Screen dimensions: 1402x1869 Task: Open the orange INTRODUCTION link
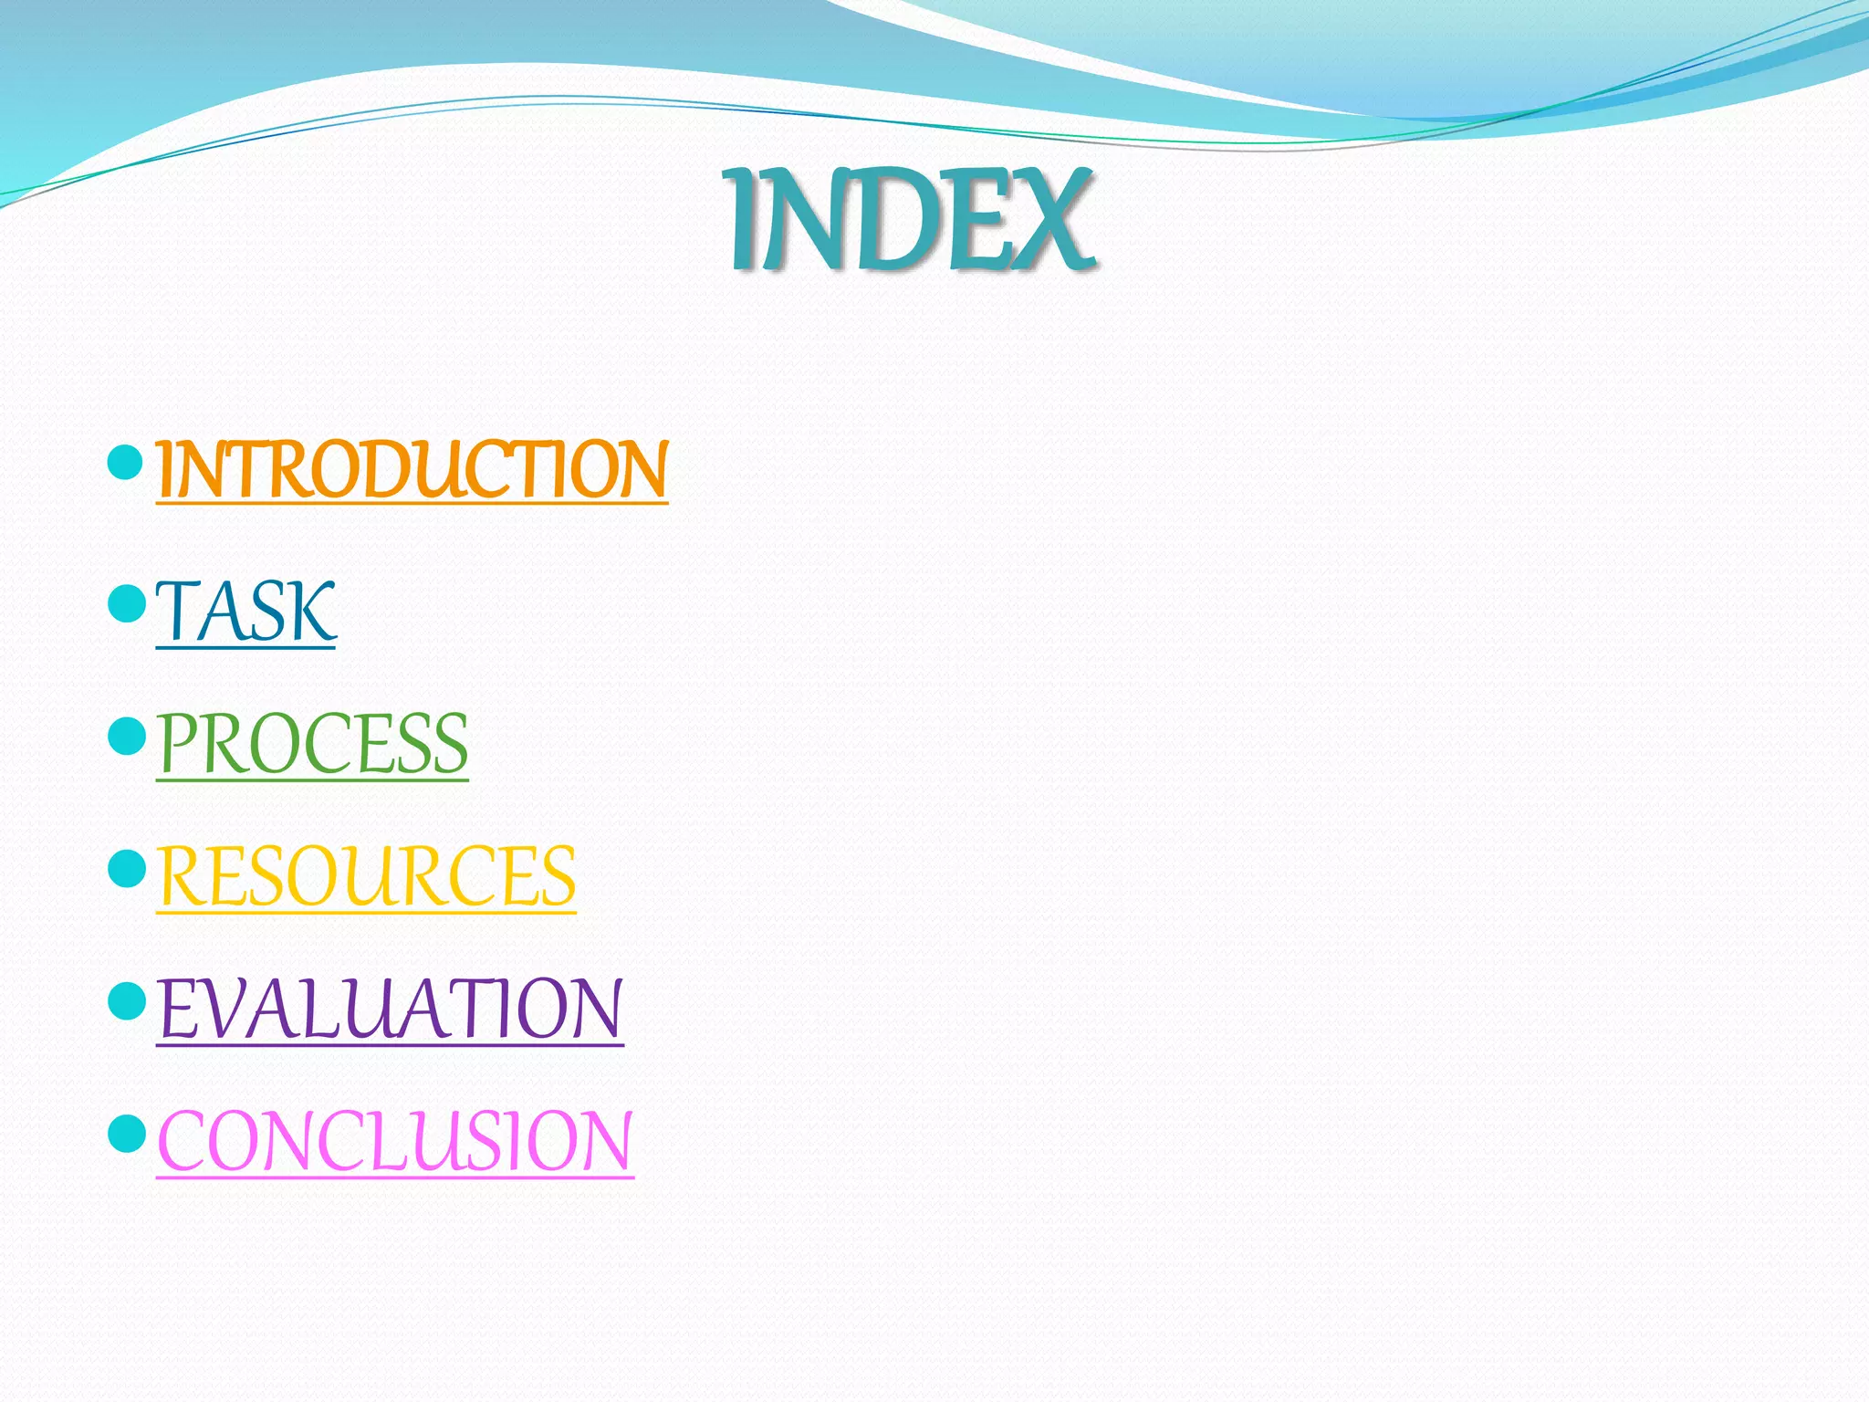point(412,469)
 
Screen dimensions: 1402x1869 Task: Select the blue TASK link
point(245,612)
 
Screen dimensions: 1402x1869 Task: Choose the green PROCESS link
point(312,744)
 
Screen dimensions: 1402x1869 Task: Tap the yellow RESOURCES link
point(366,876)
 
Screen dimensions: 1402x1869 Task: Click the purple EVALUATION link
point(390,1009)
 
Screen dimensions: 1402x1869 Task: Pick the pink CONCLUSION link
point(395,1141)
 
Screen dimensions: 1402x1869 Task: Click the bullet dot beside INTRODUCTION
point(126,463)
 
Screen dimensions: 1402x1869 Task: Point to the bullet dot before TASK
point(126,603)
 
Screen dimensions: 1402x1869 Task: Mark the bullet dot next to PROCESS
point(126,736)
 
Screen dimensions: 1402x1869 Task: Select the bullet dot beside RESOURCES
point(126,868)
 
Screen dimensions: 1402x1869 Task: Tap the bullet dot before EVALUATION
point(126,1001)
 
